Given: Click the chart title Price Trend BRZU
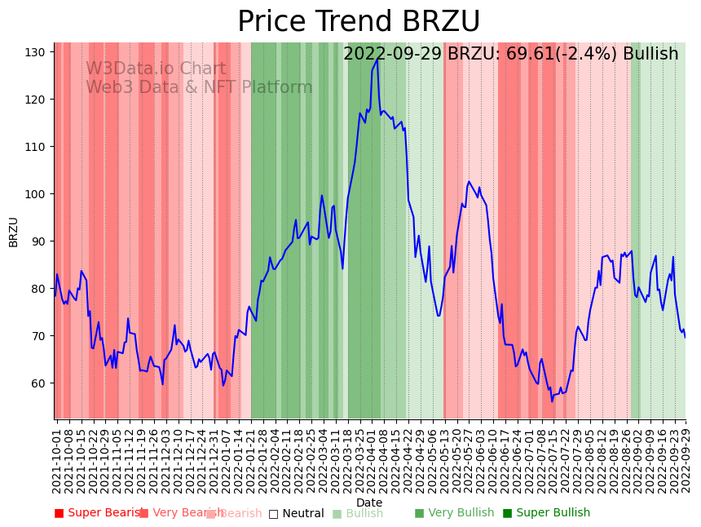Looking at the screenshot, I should coord(359,22).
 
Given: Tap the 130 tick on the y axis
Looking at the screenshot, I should coord(36,52).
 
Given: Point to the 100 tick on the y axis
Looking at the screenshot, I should coord(36,194).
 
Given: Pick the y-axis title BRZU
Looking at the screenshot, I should coord(13,232).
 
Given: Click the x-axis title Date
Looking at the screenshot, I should coord(369,503).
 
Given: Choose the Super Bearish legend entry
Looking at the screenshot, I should coord(98,513).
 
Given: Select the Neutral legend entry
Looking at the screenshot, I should coord(296,513).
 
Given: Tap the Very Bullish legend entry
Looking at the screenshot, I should coord(454,513).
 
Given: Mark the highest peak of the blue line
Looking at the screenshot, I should coord(377,59).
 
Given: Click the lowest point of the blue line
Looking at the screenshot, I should coord(552,401).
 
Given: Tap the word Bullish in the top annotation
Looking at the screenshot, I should coord(650,55).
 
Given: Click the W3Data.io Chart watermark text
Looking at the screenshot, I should coord(156,69).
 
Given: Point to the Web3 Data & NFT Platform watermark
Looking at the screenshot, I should coord(199,87).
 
